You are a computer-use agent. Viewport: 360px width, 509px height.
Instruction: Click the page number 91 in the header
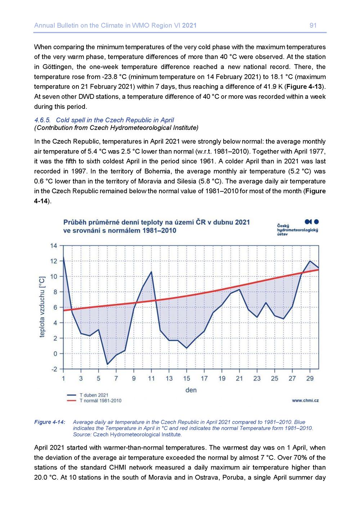313,26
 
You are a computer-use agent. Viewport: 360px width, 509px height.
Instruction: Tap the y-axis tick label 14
53,246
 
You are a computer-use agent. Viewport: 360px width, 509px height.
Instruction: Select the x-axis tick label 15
186,378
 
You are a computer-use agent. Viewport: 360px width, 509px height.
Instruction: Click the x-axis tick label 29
310,378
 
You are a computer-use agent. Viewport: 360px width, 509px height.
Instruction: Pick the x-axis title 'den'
191,390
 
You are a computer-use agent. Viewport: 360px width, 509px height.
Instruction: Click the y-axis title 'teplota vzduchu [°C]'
42,307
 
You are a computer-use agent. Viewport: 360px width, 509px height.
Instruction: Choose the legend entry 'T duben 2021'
94,395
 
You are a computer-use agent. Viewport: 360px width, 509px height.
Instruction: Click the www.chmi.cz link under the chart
305,400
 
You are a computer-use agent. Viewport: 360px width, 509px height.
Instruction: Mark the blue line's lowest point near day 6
107,364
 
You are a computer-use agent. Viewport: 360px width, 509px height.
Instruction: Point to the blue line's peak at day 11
152,272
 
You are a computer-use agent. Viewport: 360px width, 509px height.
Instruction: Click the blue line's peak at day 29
310,261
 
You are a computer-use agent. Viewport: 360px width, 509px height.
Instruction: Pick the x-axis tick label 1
63,378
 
